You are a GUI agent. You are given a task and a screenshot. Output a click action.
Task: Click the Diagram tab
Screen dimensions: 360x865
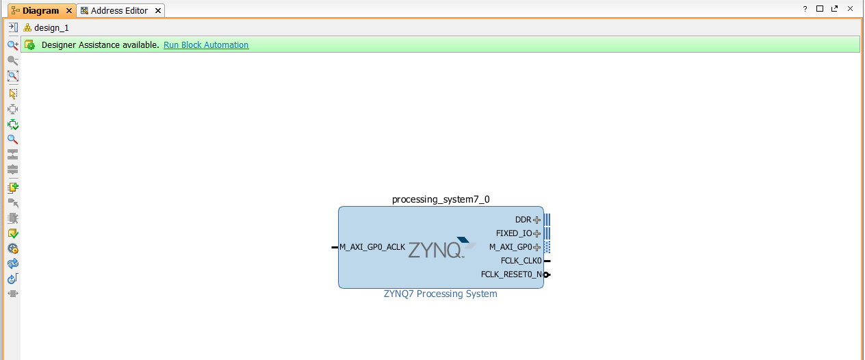(40, 11)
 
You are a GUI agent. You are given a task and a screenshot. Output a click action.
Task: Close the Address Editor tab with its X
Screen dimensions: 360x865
(158, 11)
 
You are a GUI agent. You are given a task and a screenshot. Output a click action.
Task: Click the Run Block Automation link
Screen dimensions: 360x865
(206, 45)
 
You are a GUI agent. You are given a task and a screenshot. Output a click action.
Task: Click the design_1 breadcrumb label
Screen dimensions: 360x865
(51, 28)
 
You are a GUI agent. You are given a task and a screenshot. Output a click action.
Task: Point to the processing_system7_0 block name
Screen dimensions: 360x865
(441, 200)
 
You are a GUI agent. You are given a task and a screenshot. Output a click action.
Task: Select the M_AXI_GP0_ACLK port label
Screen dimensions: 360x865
(372, 247)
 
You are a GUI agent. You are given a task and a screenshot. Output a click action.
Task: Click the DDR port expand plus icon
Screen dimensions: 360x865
(537, 220)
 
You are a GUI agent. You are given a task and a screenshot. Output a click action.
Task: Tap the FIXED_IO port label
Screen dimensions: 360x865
(514, 233)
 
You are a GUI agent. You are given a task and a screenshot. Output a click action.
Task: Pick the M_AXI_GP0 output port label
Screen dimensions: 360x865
(511, 247)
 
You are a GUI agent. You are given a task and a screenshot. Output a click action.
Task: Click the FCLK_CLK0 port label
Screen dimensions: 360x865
(521, 261)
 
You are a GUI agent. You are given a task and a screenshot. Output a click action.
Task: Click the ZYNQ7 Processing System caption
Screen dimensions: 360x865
(441, 294)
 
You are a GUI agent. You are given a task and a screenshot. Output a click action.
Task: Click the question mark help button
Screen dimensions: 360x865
(805, 9)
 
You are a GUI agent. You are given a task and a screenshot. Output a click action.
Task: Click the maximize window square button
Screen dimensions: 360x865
(820, 9)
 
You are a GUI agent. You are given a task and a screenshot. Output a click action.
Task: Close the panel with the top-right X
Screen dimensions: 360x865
(850, 9)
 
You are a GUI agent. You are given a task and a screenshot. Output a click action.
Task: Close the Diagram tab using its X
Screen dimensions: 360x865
(69, 11)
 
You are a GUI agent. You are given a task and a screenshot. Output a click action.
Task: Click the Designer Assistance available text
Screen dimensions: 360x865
(100, 45)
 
